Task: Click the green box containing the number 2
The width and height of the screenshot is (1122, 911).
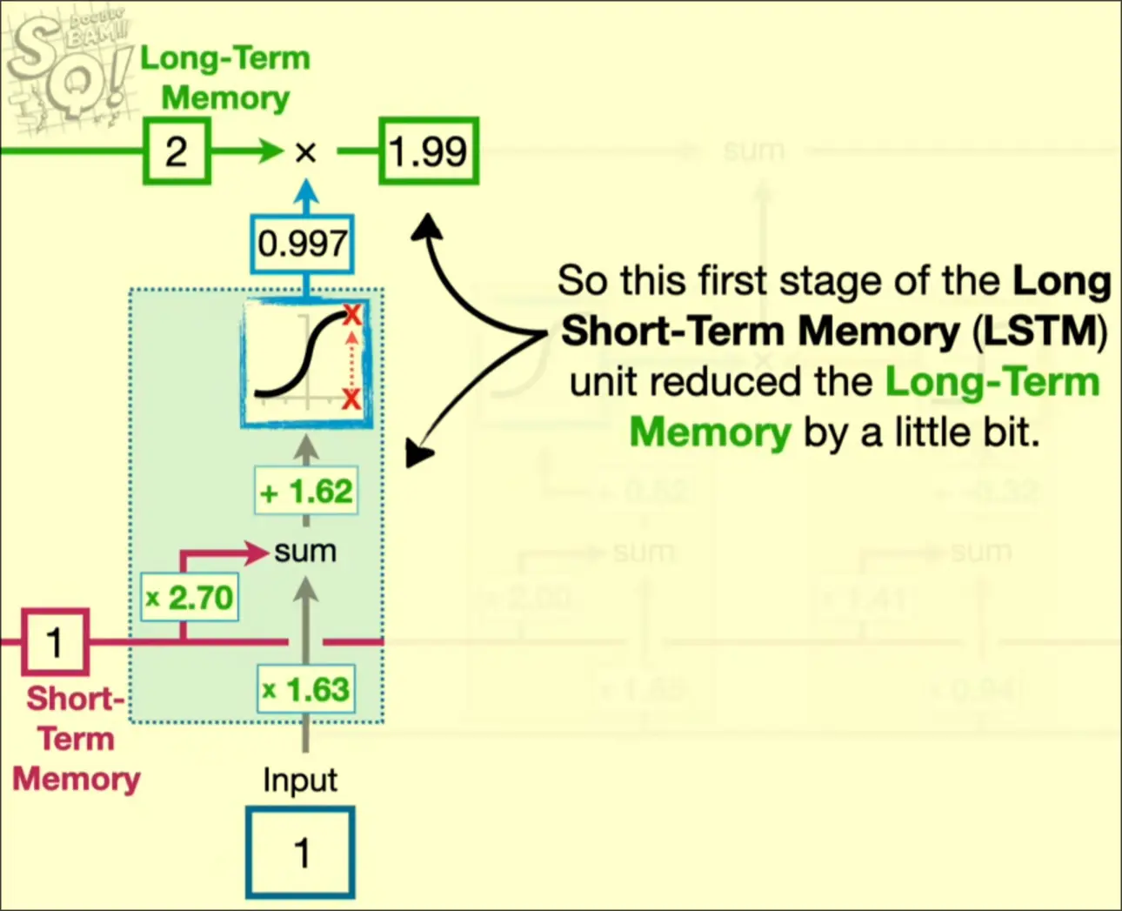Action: click(177, 151)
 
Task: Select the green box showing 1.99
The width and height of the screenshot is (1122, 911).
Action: click(429, 151)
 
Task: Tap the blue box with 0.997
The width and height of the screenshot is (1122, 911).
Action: click(303, 244)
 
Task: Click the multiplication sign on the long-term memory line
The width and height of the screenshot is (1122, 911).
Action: click(305, 152)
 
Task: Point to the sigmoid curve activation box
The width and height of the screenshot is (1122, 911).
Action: click(306, 363)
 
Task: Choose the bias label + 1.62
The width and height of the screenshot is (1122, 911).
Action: click(306, 492)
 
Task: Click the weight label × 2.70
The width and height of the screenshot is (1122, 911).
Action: click(190, 598)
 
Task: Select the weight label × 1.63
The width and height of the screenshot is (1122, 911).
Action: click(306, 690)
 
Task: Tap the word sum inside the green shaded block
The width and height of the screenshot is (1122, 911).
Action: click(304, 552)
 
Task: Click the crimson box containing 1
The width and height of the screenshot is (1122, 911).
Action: click(55, 643)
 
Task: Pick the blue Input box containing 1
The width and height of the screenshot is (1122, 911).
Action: click(301, 852)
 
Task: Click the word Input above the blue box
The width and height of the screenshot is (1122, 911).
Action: click(300, 780)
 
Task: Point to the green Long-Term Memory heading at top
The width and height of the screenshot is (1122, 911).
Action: click(225, 77)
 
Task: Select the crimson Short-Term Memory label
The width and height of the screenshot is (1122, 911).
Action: click(76, 739)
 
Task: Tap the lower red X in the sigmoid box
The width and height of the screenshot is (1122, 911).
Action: click(351, 399)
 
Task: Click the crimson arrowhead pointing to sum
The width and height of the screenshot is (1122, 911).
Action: click(256, 552)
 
